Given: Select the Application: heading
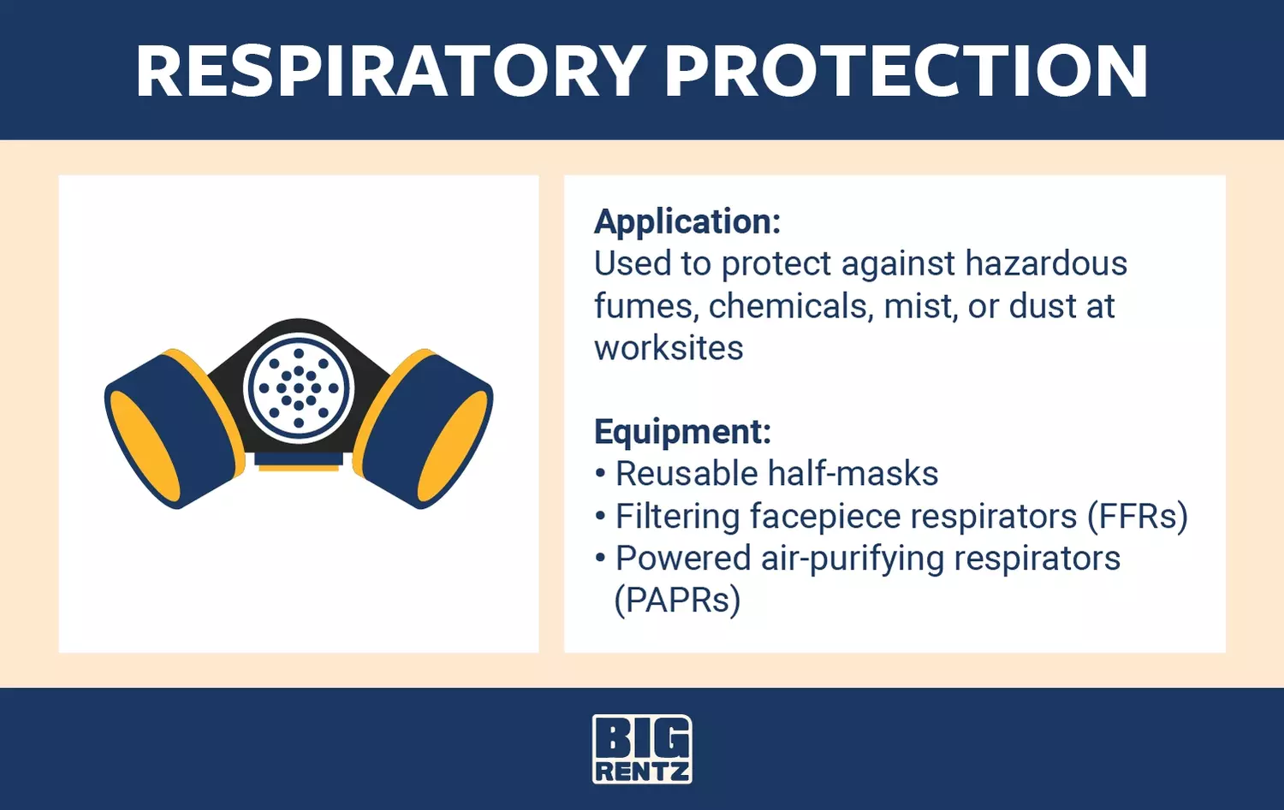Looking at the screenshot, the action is click(687, 222).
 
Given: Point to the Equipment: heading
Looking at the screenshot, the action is click(683, 431).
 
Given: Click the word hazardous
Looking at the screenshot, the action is click(1046, 263).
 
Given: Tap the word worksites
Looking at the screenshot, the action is click(669, 348).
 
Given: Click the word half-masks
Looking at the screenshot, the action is click(853, 474).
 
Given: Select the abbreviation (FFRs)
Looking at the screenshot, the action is click(1138, 517).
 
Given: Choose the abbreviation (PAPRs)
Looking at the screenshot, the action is click(678, 600).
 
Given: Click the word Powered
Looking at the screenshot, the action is click(683, 559).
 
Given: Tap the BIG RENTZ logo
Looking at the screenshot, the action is click(642, 748).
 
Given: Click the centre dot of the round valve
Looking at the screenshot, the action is click(299, 387).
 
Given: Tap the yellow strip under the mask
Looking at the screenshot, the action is click(299, 468).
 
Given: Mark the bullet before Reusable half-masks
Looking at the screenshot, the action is click(600, 474).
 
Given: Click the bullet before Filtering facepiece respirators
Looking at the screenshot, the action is click(600, 516).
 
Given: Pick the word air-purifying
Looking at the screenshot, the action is click(853, 559).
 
